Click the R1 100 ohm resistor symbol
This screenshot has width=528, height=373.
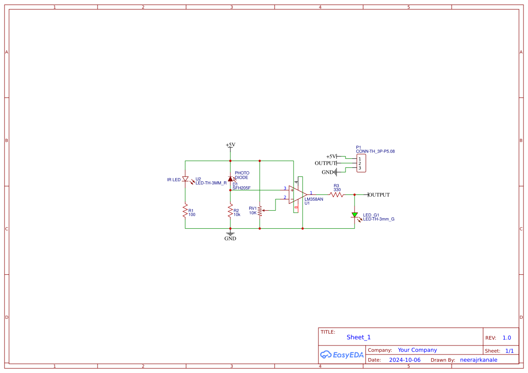[x=185, y=211]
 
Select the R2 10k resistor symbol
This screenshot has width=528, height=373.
[x=230, y=211]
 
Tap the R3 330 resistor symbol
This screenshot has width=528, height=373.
[x=336, y=195]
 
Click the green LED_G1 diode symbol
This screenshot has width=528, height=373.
[x=355, y=215]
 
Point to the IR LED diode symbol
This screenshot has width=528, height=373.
[x=185, y=179]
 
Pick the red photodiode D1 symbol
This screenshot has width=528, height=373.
[x=230, y=179]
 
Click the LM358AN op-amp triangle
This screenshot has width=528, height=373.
[x=297, y=195]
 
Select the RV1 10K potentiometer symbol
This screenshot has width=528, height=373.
[x=260, y=210]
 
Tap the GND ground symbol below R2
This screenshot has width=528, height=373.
[x=230, y=234]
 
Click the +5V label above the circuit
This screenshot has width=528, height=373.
[x=230, y=145]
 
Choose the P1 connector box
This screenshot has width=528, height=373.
[x=361, y=163]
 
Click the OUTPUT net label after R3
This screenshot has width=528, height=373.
[x=379, y=195]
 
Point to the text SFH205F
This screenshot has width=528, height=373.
[x=242, y=188]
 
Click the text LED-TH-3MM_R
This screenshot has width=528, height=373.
[x=211, y=183]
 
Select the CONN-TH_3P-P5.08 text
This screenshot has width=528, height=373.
[x=375, y=152]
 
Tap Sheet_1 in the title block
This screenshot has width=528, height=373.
[x=359, y=337]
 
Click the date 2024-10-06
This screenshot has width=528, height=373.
[x=405, y=360]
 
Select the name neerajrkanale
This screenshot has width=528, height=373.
[x=478, y=360]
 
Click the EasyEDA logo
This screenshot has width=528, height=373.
[x=341, y=355]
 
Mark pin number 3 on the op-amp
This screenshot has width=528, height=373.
[x=285, y=188]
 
